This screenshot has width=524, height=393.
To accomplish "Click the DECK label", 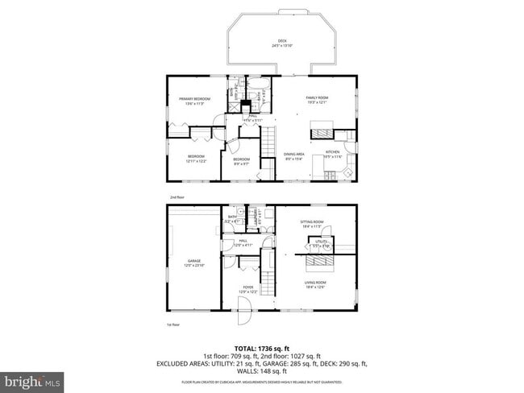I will click(x=282, y=40).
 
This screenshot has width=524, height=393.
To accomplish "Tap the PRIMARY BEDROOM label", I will click(x=194, y=98).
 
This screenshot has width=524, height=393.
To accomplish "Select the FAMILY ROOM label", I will click(x=317, y=98).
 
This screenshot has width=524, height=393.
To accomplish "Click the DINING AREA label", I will click(x=293, y=154).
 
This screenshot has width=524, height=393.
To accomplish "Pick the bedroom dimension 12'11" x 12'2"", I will click(x=197, y=162).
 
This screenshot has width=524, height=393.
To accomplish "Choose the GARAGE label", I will click(x=194, y=261).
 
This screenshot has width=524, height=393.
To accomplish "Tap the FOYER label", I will click(x=249, y=288).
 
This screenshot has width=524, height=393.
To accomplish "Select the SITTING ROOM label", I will click(x=313, y=222).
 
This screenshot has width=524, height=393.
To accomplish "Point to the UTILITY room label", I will click(x=321, y=241).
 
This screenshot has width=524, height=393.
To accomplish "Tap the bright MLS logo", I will click(x=32, y=379).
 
